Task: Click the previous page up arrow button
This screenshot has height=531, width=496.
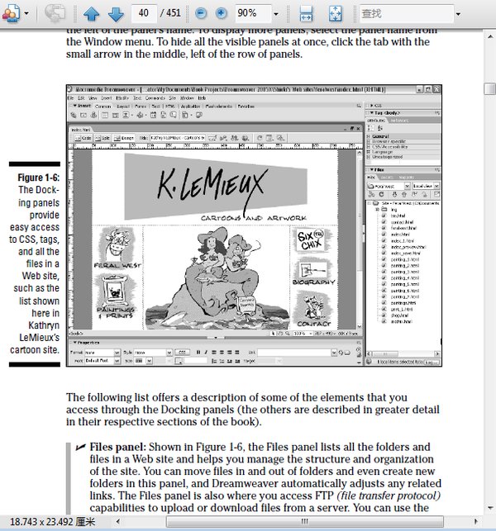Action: (x=92, y=13)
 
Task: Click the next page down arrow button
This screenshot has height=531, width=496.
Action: (x=116, y=13)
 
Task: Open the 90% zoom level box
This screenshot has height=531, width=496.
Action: (x=256, y=13)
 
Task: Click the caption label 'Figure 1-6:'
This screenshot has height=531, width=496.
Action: (x=37, y=178)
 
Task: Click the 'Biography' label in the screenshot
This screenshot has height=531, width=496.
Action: (x=313, y=282)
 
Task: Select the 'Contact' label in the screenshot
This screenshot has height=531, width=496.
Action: (x=313, y=324)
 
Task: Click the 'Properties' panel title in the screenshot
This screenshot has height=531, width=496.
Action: (x=88, y=341)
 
